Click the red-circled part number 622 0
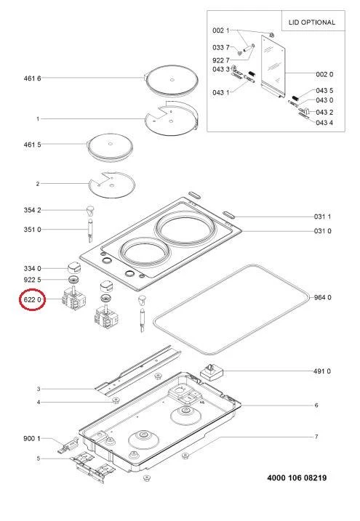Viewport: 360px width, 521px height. (32, 299)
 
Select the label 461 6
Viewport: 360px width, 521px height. (32, 78)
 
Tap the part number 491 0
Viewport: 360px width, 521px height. (322, 371)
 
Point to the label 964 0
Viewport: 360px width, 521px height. (323, 297)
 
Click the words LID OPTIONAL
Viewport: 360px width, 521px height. (312, 23)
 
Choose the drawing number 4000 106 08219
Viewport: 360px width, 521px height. (297, 478)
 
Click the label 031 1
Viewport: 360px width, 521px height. (322, 217)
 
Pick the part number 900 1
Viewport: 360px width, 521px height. (32, 439)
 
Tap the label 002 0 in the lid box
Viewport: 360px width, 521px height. (324, 74)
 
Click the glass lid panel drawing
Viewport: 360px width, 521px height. (273, 66)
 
